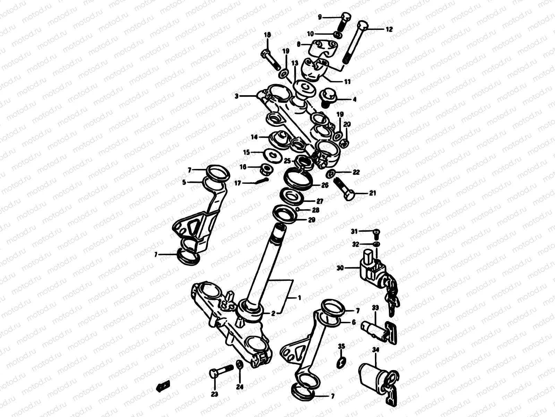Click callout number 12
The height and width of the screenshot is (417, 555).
point(389,30)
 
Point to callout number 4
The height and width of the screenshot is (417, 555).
point(354,99)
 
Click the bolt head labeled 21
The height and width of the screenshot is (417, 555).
point(350,196)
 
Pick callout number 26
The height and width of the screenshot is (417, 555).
point(325,185)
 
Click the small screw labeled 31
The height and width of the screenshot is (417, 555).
point(377,232)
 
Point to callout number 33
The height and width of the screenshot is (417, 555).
point(375,308)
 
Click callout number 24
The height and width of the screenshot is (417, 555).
point(240,387)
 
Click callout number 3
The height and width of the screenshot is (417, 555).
point(236,96)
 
